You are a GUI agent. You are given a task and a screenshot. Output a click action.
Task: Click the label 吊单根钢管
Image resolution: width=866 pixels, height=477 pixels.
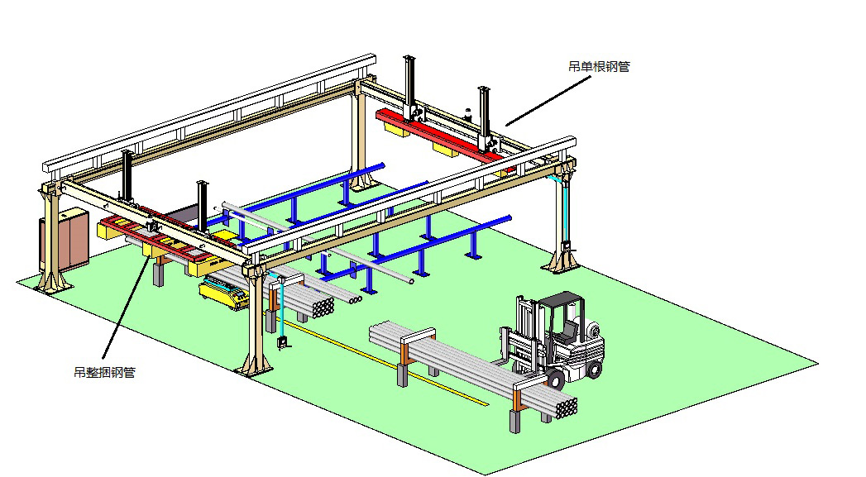599,67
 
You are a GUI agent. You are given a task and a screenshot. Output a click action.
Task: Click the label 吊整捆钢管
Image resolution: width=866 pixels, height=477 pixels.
104,372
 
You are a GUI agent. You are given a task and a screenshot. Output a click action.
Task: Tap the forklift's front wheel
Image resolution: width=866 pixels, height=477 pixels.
554,379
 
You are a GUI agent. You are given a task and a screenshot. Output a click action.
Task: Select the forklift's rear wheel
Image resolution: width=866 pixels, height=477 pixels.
594,368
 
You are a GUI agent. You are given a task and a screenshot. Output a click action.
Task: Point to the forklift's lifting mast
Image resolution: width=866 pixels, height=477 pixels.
524,332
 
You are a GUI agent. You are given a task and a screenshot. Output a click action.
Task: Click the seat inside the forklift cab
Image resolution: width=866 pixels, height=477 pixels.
567,334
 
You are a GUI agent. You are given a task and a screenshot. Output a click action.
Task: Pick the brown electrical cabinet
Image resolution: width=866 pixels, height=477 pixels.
65,241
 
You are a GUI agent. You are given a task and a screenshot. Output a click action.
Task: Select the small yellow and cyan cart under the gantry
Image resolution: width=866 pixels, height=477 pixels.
223,291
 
